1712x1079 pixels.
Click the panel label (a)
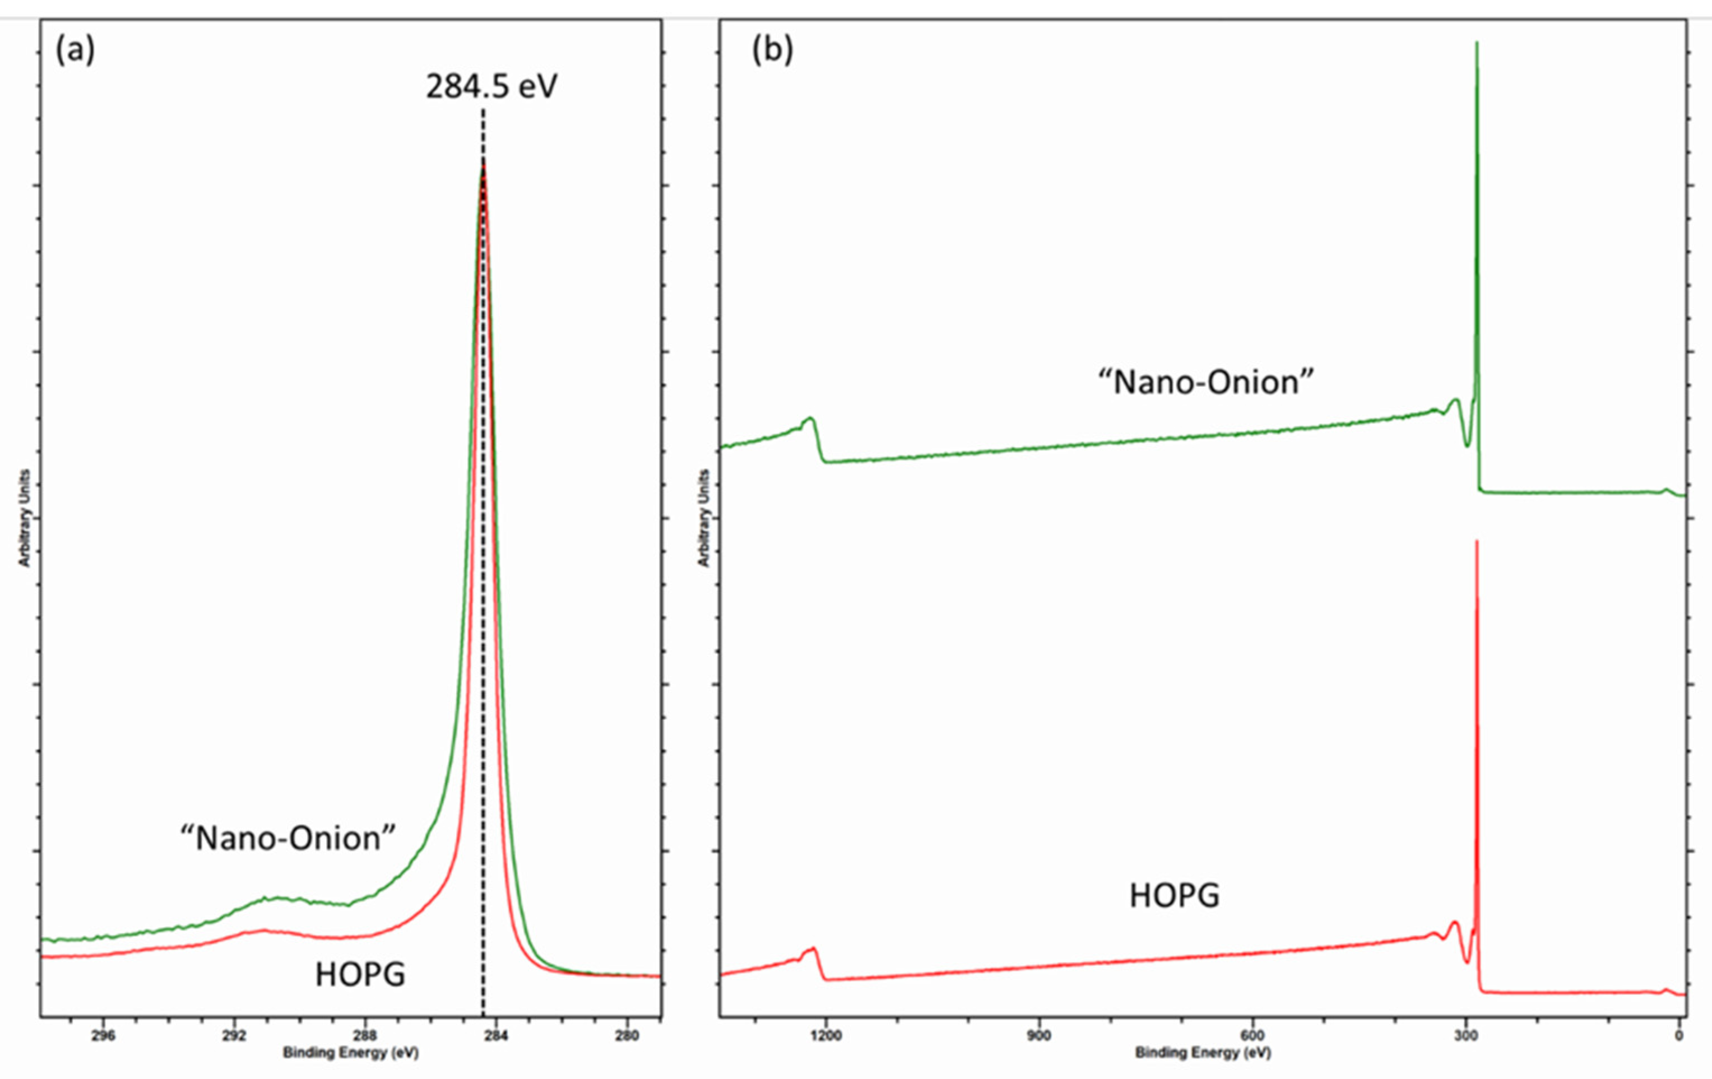tap(75, 50)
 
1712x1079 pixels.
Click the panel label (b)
tap(772, 50)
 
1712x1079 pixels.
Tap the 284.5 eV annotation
tap(491, 87)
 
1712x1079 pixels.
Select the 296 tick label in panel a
tap(103, 1035)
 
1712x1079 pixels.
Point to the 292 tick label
tap(233, 1035)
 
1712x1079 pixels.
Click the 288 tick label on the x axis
tap(365, 1035)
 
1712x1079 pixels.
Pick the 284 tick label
tap(495, 1035)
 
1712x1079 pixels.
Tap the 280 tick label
tap(627, 1035)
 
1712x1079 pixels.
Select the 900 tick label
tap(1039, 1035)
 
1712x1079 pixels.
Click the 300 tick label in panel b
tap(1465, 1035)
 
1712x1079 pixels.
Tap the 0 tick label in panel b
tap(1678, 1035)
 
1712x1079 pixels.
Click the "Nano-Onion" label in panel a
tap(287, 838)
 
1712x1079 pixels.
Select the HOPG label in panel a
tap(360, 974)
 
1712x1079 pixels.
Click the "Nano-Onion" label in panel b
tap(1206, 383)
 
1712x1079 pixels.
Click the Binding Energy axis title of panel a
tap(350, 1053)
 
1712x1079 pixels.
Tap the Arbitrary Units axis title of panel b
tap(704, 518)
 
